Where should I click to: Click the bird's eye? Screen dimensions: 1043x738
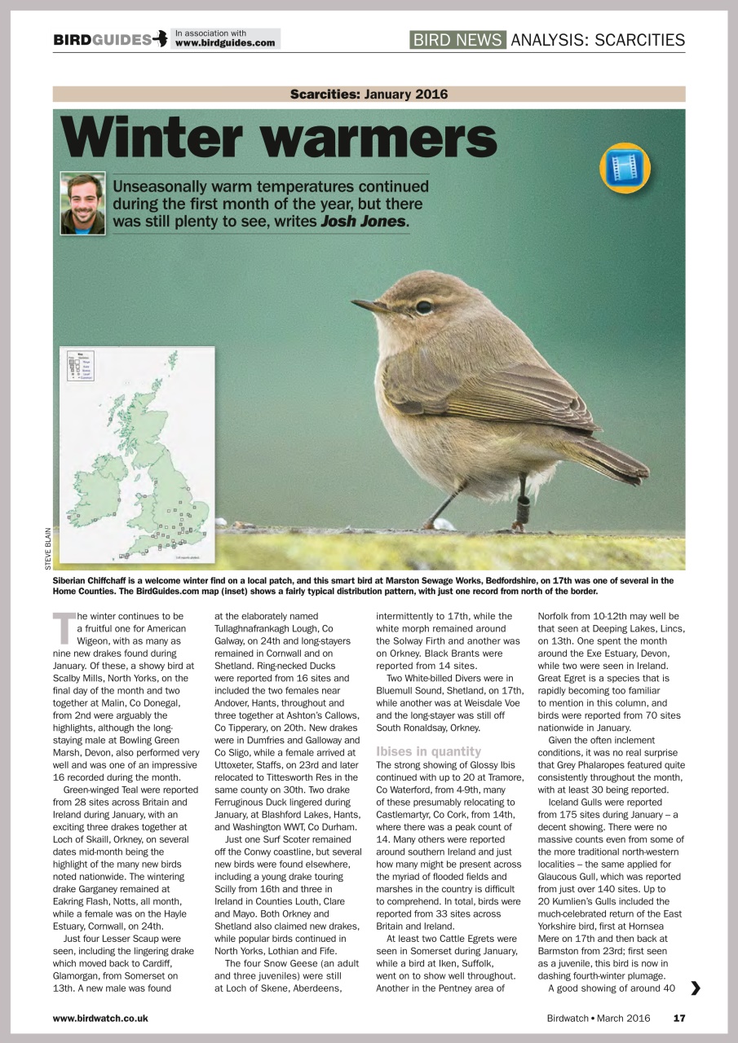pos(423,307)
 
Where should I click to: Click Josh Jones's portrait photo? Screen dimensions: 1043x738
pos(82,203)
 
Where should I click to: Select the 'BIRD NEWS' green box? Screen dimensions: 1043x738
pos(457,40)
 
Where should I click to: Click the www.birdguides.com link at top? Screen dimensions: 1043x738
pos(224,43)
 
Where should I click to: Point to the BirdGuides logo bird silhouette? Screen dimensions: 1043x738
pos(161,39)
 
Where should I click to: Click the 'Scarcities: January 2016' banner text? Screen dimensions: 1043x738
pos(369,95)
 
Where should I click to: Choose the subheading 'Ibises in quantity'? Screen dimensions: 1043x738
pos(428,751)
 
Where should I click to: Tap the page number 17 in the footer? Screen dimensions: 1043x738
pos(678,1018)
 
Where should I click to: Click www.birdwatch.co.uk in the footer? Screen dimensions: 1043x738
pos(100,1018)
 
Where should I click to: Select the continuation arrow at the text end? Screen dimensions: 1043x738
pos(695,988)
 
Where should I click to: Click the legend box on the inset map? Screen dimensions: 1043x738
pos(80,367)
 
